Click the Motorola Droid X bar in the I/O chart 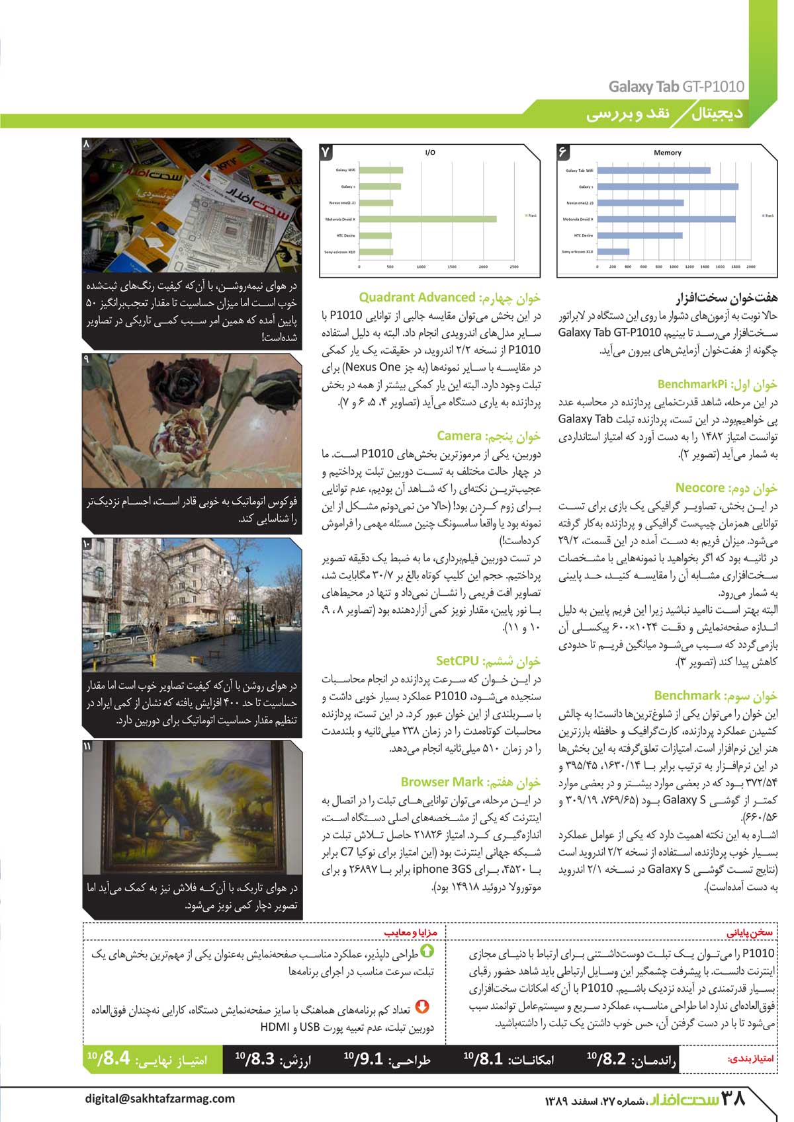coord(427,219)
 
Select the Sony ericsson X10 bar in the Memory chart coord(613,251)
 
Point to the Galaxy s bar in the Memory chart coord(667,186)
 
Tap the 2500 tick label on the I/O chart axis coord(514,267)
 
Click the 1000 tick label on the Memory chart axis coord(674,267)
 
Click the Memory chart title coord(667,153)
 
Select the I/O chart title coord(430,153)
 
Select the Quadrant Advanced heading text coord(417,298)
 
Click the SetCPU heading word coord(457,661)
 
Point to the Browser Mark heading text coord(442,782)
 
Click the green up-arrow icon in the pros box coord(427,951)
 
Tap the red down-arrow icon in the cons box coord(421,1007)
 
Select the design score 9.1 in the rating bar coord(368,1059)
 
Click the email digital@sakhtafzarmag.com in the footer coord(159,1098)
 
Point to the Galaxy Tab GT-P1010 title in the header coord(676,87)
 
